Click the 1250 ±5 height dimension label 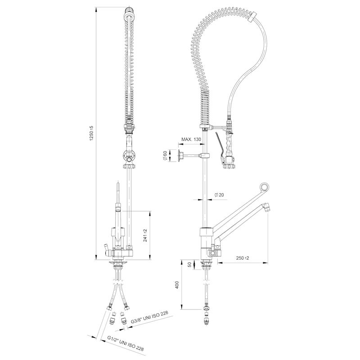click(x=92, y=133)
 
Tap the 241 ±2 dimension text click(x=145, y=235)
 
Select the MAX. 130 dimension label click(x=191, y=139)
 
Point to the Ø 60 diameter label click(x=165, y=156)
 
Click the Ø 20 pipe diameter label click(x=219, y=195)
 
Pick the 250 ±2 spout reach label click(x=243, y=258)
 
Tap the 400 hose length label click(x=177, y=285)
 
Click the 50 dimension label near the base click(x=189, y=265)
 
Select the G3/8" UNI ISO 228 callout click(x=149, y=318)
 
